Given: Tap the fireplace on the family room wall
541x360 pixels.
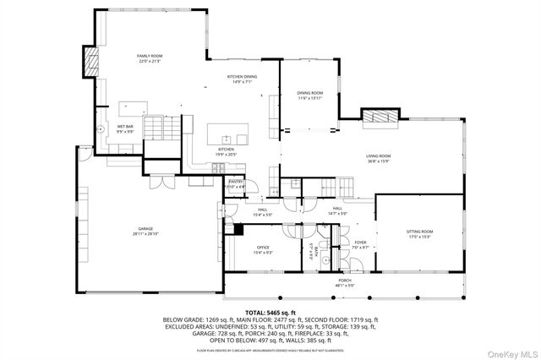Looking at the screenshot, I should point(90,61).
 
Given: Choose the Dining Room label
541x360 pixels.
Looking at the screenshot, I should point(310,95).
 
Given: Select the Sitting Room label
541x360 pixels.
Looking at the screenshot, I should point(420,234).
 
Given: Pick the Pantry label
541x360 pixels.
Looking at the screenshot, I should point(236,185).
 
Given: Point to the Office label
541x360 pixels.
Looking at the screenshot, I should point(263,250).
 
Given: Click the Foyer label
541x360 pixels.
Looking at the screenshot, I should point(359,244).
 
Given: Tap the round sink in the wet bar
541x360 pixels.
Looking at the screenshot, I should point(101,130).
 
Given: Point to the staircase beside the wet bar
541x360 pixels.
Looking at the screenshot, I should point(160,128).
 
